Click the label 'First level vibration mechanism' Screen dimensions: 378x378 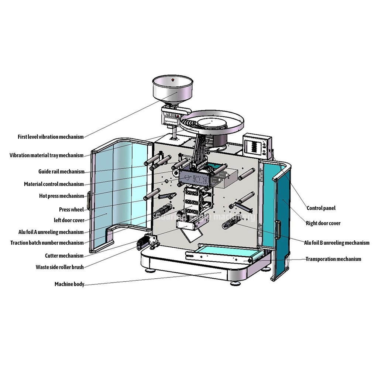coord(51,137)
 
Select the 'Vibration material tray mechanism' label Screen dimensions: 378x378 coord(47,155)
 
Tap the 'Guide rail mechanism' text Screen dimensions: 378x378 coord(61,172)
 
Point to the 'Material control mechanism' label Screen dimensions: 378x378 coord(54,184)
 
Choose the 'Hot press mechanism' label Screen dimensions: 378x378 coord(62,196)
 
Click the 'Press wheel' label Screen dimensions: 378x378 coord(71,210)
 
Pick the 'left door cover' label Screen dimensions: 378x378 coord(69,220)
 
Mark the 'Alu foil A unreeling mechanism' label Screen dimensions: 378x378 coord(51,232)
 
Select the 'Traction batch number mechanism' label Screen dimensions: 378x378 coord(47,243)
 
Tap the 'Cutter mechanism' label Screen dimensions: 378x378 coord(64,256)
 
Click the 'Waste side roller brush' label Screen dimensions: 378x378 coord(59,267)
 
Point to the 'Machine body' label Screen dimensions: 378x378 coord(69,284)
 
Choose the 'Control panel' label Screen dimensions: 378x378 coord(321,208)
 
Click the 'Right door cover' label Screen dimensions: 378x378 coord(323,223)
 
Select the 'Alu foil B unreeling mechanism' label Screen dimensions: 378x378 coord(336,243)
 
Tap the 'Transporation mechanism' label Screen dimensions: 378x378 coord(333,259)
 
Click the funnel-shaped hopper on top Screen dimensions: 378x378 coord(172,90)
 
